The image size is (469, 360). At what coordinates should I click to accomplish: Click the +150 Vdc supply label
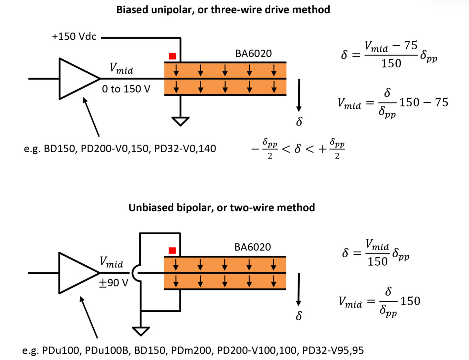tap(74, 37)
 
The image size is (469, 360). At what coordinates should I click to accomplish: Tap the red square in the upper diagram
tap(172, 56)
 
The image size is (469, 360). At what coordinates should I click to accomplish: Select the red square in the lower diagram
tap(172, 250)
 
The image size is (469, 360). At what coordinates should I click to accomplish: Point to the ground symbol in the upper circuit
tap(180, 121)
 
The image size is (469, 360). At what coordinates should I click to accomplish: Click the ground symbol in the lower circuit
tap(141, 331)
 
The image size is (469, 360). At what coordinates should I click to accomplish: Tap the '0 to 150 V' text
tap(126, 89)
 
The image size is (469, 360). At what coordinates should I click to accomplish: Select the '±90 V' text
tap(114, 282)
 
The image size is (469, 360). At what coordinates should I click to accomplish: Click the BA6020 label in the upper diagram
tap(253, 53)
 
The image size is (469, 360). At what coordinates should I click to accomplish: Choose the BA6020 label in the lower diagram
tap(252, 247)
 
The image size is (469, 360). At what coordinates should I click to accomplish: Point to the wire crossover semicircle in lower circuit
tap(136, 273)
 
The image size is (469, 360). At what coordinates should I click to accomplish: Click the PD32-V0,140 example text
tap(185, 148)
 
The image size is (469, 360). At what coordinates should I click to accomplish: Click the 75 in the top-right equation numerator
tap(411, 45)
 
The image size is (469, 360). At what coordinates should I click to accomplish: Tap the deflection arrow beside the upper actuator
tap(299, 95)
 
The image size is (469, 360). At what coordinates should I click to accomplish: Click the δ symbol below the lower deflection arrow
tap(299, 316)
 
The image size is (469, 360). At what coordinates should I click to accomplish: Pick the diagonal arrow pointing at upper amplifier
tap(91, 117)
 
